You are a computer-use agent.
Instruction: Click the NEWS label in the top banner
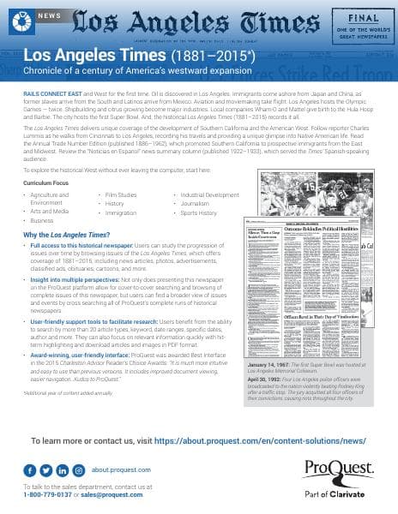click(x=49, y=16)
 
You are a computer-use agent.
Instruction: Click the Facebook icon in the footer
click(x=45, y=470)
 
